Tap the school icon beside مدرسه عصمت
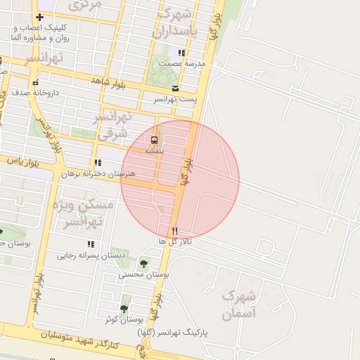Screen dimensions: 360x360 click(181, 53)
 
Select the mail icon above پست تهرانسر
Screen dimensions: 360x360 click(175, 89)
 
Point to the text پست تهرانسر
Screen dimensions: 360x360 click(175, 99)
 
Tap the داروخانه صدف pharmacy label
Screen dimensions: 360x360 click(29, 92)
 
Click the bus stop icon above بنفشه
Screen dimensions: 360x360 click(154, 139)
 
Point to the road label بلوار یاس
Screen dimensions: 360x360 click(22, 160)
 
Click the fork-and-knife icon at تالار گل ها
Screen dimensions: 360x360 click(175, 231)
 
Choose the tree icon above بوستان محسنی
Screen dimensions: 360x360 click(144, 264)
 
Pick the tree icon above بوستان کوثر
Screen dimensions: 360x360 click(124, 309)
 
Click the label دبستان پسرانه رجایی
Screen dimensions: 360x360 click(91, 255)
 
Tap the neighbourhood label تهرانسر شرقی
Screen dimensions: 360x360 click(113, 124)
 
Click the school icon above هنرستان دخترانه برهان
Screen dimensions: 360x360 click(107, 163)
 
